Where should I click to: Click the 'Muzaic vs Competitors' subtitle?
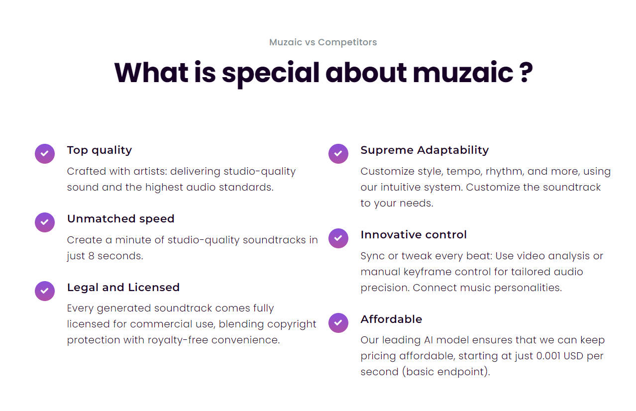coord(323,42)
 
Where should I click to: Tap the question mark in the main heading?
coord(527,72)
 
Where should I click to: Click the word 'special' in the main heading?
coord(271,74)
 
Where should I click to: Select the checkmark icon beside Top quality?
coord(45,154)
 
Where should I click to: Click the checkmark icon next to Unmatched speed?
coord(45,222)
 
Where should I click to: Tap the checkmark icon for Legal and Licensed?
coord(45,291)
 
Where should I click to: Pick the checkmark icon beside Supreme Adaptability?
coord(338,154)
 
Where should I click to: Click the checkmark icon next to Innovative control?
coord(338,238)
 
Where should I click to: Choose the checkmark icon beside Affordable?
coord(338,323)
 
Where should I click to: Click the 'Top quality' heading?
coord(100,150)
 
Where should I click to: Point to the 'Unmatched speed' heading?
coord(120,219)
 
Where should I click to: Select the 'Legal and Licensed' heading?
coord(123,287)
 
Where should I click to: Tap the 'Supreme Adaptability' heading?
coord(424,150)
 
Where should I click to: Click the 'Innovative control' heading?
coord(414,235)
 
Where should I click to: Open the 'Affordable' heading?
coord(391,319)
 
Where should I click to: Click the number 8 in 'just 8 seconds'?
coord(91,256)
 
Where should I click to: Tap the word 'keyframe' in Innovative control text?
coord(427,272)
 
